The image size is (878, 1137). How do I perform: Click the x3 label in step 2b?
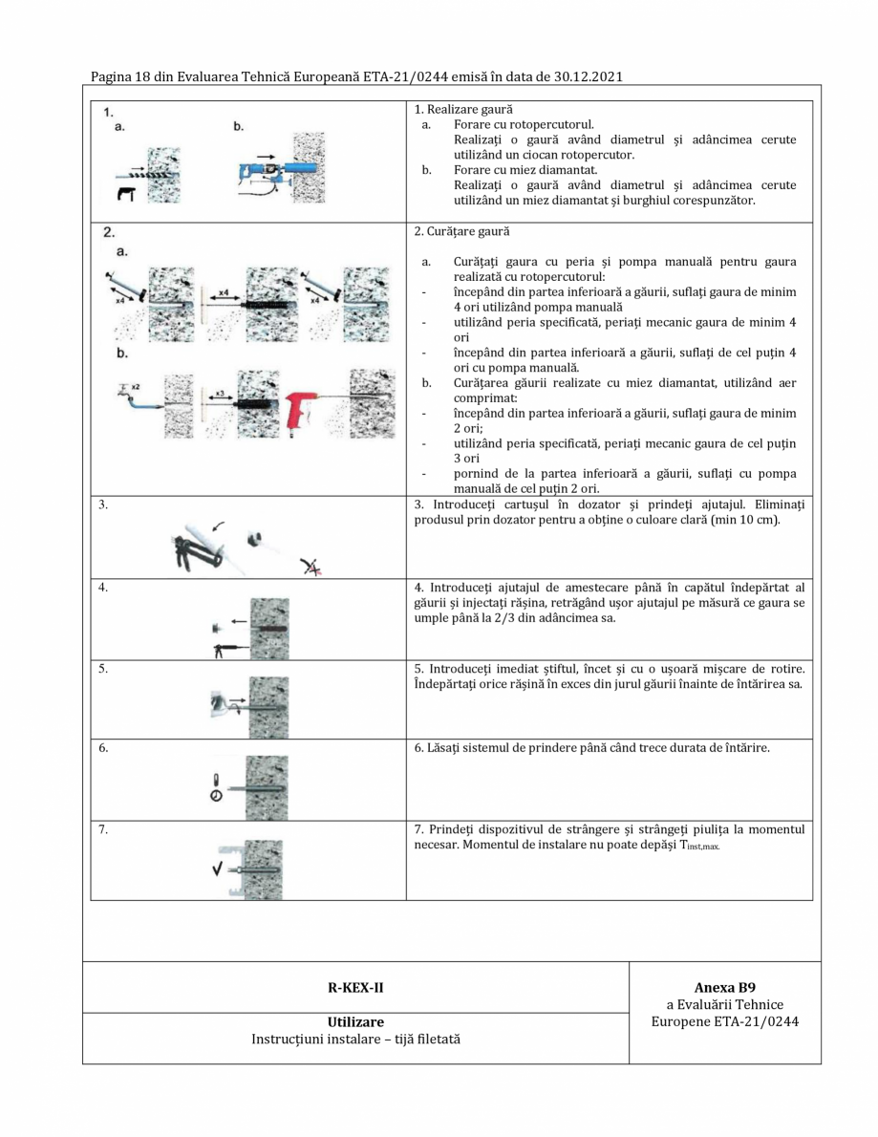coord(220,393)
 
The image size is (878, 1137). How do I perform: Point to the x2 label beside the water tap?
coord(135,386)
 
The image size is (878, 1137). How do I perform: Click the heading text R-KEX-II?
coord(355,987)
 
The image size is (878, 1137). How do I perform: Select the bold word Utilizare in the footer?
coord(355,1021)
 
